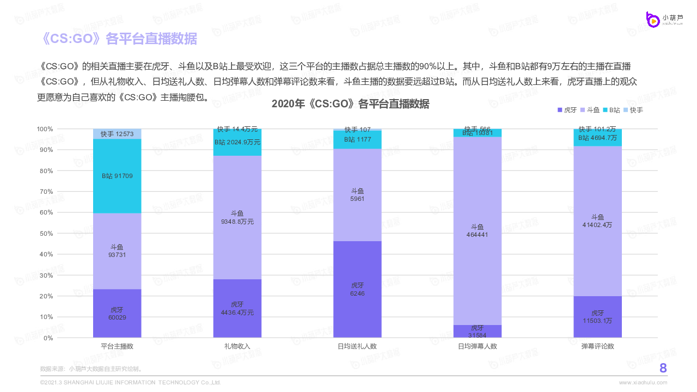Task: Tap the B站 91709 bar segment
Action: coord(117,176)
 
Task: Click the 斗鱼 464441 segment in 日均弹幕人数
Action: coord(477,231)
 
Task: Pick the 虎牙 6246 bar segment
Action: coord(357,289)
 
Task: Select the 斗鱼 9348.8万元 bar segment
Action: coord(237,218)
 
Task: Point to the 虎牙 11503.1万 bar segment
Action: coord(597,317)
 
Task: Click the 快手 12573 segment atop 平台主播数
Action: coord(117,134)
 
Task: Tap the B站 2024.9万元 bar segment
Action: coord(237,143)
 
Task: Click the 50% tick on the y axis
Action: coord(45,234)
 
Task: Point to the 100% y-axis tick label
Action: coord(45,129)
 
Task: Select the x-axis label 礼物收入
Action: coord(237,346)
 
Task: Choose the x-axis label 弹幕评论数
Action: coord(597,346)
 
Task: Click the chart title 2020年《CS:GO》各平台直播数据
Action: coord(350,104)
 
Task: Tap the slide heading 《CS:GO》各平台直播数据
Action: coord(120,39)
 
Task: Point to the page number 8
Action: coord(663,369)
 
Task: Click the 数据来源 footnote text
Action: coord(91,369)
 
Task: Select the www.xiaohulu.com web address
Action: coord(643,383)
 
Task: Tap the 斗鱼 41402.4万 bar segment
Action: coord(597,221)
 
